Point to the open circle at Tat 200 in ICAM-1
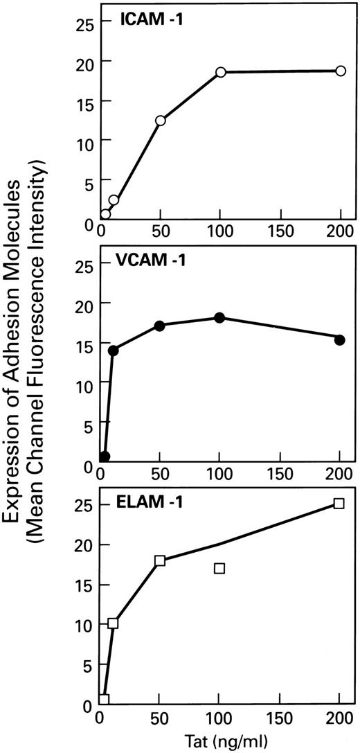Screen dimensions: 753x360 pyautogui.click(x=341, y=71)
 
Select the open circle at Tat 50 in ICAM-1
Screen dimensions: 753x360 pyautogui.click(x=161, y=121)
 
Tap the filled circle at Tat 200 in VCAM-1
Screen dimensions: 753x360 pyautogui.click(x=340, y=339)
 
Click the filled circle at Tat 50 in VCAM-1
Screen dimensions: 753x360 pyautogui.click(x=161, y=326)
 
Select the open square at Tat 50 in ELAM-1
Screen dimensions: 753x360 pyautogui.click(x=161, y=560)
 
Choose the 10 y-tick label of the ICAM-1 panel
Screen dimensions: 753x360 pyautogui.click(x=83, y=140)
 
